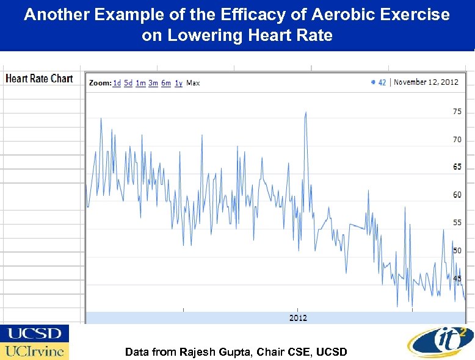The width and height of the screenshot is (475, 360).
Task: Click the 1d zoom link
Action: pyautogui.click(x=117, y=83)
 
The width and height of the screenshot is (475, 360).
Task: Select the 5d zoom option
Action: pyautogui.click(x=128, y=83)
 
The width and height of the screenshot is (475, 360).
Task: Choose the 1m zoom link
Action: pyautogui.click(x=140, y=83)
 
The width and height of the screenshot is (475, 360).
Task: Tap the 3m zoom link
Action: pyautogui.click(x=153, y=83)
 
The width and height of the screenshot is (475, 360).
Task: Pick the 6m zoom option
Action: pyautogui.click(x=166, y=83)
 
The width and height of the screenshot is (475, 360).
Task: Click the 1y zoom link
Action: pyautogui.click(x=178, y=83)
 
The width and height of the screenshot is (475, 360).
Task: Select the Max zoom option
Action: pyautogui.click(x=193, y=83)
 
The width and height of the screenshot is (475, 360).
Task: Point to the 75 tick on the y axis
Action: pyautogui.click(x=457, y=112)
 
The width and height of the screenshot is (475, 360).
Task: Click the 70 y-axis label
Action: pyautogui.click(x=457, y=140)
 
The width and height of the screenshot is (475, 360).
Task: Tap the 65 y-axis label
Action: pyautogui.click(x=457, y=167)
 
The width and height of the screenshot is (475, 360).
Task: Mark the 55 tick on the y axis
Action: pyautogui.click(x=457, y=223)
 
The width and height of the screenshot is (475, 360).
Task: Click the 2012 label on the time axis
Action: pyautogui.click(x=298, y=318)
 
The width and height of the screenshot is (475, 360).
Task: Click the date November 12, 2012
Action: pyautogui.click(x=426, y=82)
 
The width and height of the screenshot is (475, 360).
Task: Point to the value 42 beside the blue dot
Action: pyautogui.click(x=382, y=82)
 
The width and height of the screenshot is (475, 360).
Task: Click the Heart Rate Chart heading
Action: pyautogui.click(x=39, y=79)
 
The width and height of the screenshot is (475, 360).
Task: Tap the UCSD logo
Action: pyautogui.click(x=34, y=334)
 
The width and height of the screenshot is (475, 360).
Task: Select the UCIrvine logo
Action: pyautogui.click(x=34, y=351)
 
